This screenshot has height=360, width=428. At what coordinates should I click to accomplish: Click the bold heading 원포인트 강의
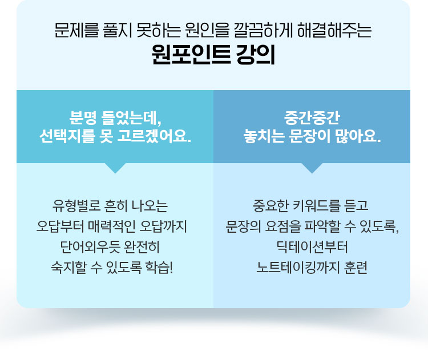coord(213,55)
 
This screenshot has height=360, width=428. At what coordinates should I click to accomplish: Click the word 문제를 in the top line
coord(76,30)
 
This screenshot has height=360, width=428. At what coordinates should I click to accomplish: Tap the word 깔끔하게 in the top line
coord(263,30)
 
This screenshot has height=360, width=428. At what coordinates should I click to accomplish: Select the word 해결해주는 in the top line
coord(334,30)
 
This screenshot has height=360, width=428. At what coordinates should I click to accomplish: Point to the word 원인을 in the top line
coord(207,30)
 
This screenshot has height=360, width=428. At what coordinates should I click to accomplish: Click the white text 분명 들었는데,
coord(115,118)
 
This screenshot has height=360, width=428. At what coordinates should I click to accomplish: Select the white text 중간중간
coord(312,118)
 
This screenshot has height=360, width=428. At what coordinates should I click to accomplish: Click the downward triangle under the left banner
coord(115,167)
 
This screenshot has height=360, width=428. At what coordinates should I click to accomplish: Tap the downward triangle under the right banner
coord(312,167)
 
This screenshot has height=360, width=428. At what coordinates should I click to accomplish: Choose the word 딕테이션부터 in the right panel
coord(312,247)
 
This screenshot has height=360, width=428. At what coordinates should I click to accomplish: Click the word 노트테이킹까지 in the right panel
coord(297,268)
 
